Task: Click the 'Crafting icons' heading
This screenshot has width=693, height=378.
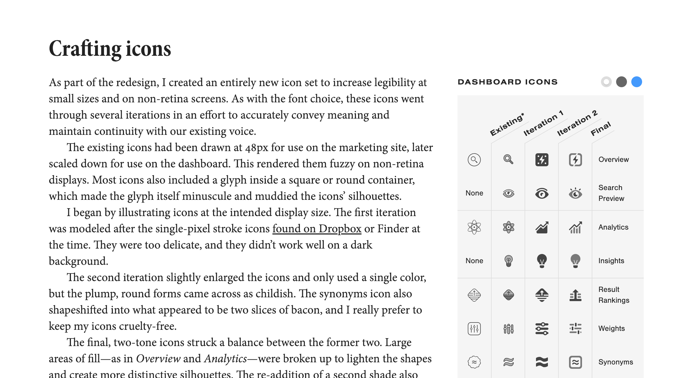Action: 110,49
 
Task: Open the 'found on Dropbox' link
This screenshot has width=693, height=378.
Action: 317,229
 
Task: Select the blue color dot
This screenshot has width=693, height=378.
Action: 636,82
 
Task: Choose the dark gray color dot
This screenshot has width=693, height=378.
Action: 621,82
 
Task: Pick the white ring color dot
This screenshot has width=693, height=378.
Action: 606,82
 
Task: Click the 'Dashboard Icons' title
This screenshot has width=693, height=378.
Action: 508,82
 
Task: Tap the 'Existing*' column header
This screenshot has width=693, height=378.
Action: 507,125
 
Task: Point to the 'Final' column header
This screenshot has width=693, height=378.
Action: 600,129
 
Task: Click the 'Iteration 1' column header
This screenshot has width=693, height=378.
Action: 543,123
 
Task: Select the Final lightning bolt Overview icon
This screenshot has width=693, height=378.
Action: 575,159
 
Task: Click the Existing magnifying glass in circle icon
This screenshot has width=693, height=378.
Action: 474,159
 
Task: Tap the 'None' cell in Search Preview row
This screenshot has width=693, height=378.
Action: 474,193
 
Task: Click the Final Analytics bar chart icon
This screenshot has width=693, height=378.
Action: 575,227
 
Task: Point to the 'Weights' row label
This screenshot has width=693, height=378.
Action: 612,328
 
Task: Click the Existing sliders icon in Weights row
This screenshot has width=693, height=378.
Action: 474,329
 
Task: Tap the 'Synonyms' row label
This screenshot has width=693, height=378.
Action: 616,362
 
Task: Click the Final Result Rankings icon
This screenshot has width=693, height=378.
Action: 575,295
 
